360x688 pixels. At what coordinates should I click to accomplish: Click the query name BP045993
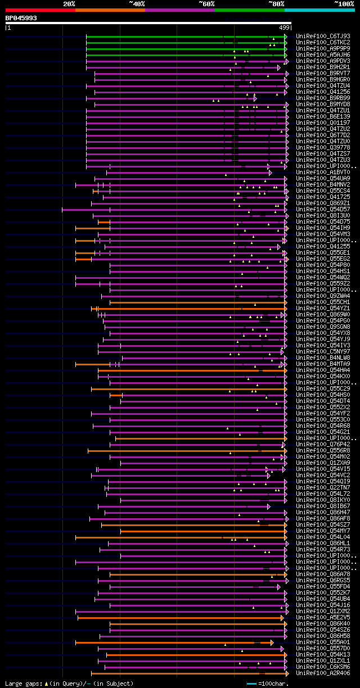coord(21,18)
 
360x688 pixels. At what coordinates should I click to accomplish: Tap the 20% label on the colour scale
coord(69,4)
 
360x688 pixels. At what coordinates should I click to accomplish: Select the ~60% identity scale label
coord(206,4)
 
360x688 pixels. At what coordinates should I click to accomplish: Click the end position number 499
coord(284,27)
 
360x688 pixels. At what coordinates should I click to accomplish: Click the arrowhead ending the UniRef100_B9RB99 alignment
coord(255,98)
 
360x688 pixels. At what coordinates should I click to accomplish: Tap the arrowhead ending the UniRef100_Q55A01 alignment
coord(272,642)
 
